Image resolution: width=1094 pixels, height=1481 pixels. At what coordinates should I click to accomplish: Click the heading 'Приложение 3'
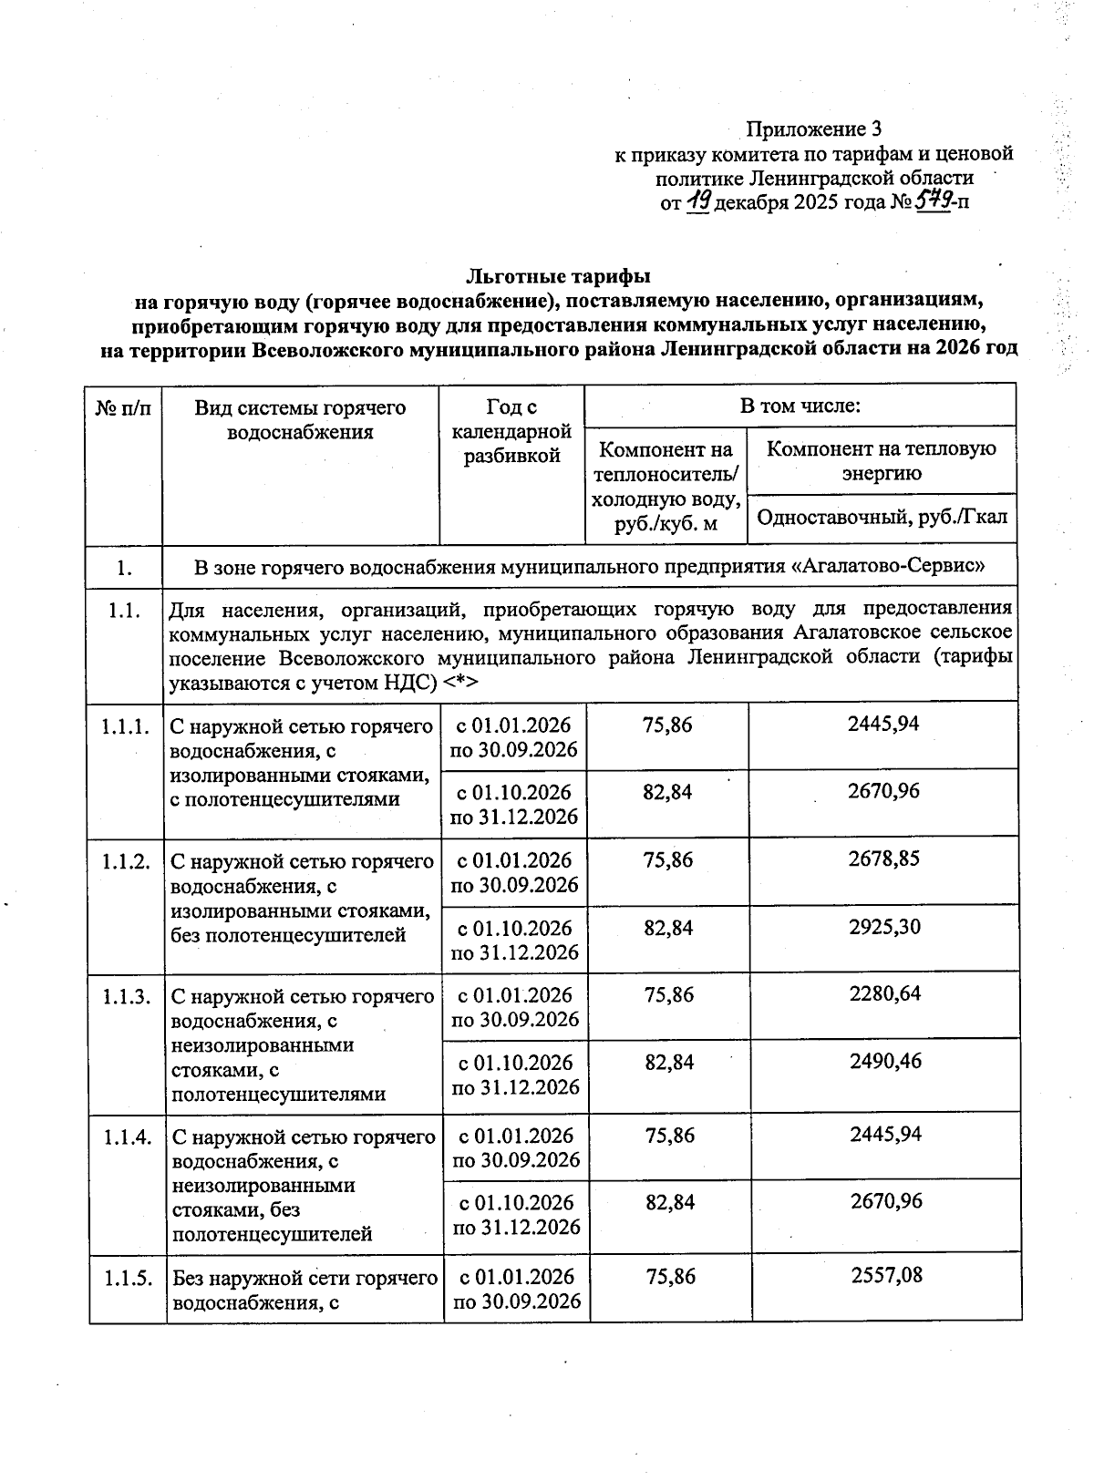pyautogui.click(x=814, y=129)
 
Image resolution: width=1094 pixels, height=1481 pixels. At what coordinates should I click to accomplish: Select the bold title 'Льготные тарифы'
pyautogui.click(x=558, y=274)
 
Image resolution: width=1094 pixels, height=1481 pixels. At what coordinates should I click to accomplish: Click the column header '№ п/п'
pyautogui.click(x=124, y=407)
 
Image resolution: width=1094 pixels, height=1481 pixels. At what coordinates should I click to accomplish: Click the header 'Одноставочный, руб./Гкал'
pyautogui.click(x=882, y=518)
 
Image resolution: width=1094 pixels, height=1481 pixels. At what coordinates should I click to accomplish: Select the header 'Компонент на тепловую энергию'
pyautogui.click(x=882, y=460)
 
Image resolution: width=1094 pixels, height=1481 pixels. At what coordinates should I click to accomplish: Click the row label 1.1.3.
pyautogui.click(x=126, y=996)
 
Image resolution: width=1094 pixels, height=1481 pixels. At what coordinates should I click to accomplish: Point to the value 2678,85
pyautogui.click(x=883, y=859)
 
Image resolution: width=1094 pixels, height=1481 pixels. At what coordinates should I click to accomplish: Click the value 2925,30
pyautogui.click(x=883, y=927)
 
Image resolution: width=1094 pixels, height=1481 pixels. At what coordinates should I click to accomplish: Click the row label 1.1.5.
pyautogui.click(x=127, y=1278)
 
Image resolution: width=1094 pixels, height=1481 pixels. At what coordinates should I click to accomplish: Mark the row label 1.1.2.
pyautogui.click(x=126, y=861)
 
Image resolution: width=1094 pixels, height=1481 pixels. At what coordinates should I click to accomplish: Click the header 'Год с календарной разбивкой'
pyautogui.click(x=511, y=432)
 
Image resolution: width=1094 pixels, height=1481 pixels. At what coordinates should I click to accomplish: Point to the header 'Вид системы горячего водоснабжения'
pyautogui.click(x=300, y=419)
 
